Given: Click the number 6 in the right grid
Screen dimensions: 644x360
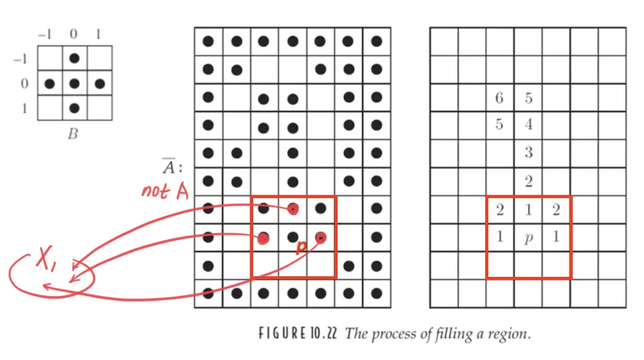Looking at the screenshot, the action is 499,97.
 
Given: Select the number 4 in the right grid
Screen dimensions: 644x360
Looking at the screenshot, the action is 528,124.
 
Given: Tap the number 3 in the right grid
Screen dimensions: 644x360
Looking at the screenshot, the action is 528,152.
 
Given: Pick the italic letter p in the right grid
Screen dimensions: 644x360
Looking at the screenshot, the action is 528,238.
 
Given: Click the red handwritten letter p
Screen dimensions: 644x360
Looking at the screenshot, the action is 301,247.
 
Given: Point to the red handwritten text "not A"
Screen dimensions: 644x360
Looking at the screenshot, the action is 165,191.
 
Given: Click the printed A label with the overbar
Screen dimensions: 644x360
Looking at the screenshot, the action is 169,167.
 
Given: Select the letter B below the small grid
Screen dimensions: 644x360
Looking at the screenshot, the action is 73,133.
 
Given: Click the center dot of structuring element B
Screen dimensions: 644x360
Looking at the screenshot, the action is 74,83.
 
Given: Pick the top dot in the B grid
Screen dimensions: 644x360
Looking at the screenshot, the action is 74,58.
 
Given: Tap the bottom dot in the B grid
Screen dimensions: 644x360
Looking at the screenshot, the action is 74,108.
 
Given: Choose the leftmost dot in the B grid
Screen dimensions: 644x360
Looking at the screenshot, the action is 49,83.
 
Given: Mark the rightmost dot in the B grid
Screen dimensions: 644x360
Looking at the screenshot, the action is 99,83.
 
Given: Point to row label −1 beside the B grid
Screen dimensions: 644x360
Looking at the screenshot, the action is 21,59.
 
